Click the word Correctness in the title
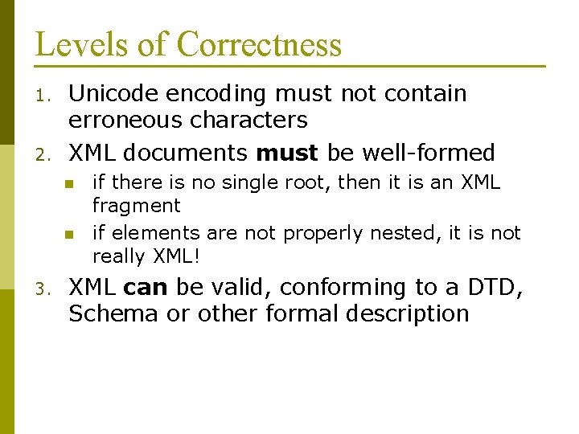(x=259, y=44)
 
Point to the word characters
(x=252, y=121)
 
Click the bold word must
(x=287, y=152)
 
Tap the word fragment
(x=136, y=206)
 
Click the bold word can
(x=146, y=288)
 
